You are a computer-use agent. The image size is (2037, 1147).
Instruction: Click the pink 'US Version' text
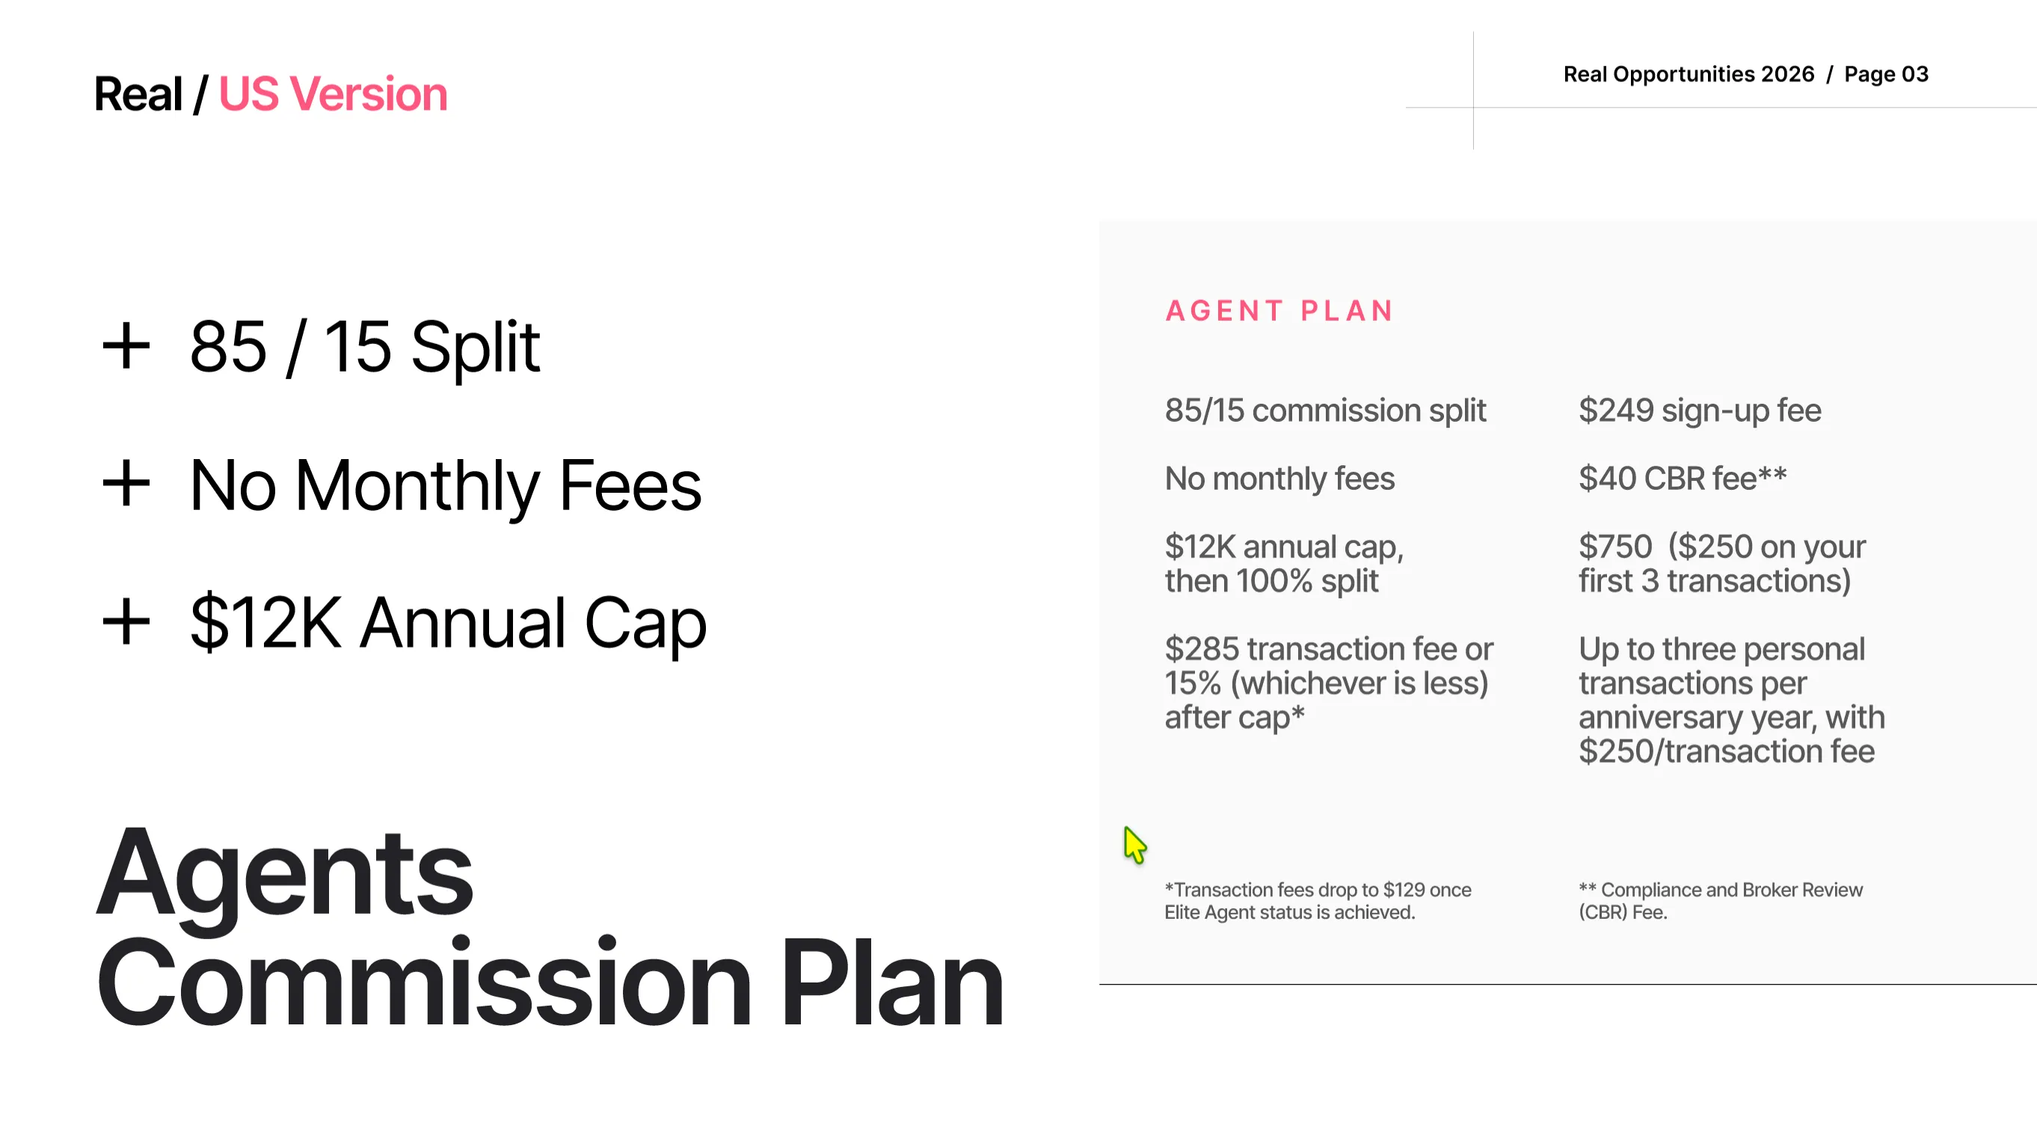click(x=333, y=94)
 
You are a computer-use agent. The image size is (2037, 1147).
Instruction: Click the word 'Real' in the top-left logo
click(x=138, y=94)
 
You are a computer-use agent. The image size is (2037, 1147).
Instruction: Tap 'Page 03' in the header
click(x=1886, y=74)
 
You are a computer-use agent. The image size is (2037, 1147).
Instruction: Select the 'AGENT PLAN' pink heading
click(x=1279, y=310)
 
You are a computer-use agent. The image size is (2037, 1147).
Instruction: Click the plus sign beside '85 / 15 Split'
click(x=126, y=346)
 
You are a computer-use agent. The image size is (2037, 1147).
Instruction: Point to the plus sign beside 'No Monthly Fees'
click(x=126, y=484)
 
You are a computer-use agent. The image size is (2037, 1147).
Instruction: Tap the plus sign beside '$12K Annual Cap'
click(x=126, y=622)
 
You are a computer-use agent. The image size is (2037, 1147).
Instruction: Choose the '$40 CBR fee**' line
click(x=1683, y=479)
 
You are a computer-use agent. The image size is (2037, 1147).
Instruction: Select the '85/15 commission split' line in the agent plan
click(x=1325, y=411)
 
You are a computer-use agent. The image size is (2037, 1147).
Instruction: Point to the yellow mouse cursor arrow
click(x=1134, y=845)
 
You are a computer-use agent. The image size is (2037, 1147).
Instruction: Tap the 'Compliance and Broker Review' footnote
click(x=1721, y=901)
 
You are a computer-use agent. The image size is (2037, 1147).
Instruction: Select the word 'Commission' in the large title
click(x=425, y=982)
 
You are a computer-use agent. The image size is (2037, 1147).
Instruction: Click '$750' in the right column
click(x=1615, y=547)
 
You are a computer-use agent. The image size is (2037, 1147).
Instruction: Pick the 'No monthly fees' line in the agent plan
click(x=1279, y=479)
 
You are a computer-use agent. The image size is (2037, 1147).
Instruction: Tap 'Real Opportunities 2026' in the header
click(x=1689, y=74)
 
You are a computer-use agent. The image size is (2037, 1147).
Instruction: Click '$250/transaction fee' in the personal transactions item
click(x=1726, y=751)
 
